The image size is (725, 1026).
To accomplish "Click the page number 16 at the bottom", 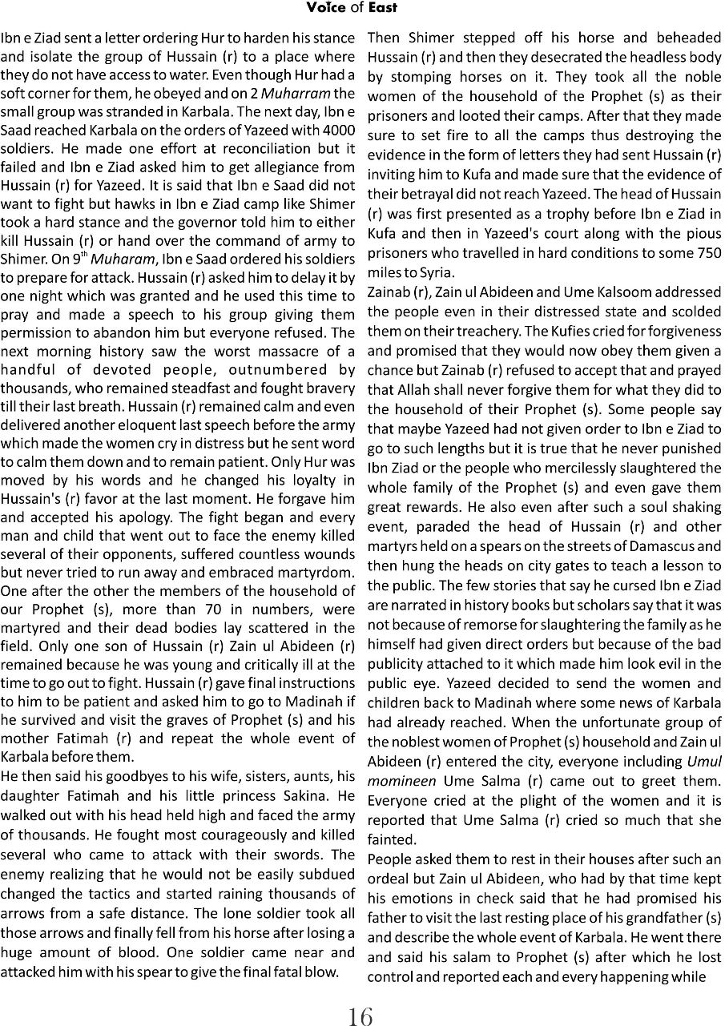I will (360, 1016).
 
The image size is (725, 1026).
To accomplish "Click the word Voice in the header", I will (324, 8).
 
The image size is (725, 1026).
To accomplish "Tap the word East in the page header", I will (381, 8).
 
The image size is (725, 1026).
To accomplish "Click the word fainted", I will (390, 840).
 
